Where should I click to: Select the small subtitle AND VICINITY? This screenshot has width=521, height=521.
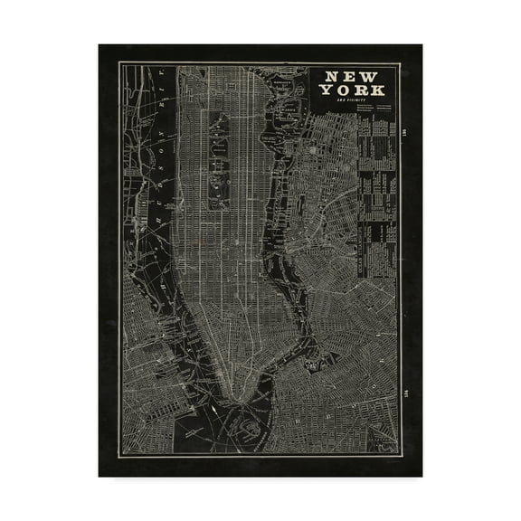pyautogui.click(x=353, y=101)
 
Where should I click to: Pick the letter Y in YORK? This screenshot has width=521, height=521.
pyautogui.click(x=325, y=90)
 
